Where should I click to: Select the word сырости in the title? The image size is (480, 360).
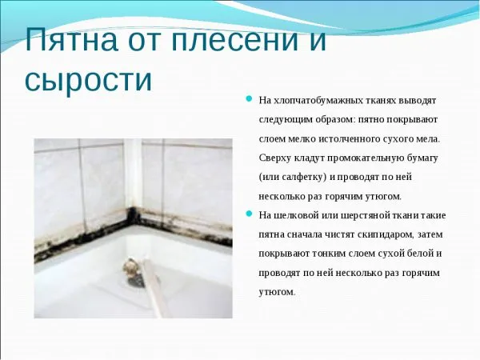point(89,80)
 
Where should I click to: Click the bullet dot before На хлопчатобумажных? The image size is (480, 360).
point(249,100)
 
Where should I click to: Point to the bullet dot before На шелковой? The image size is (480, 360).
point(249,215)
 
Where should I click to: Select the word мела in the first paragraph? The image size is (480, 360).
point(427,139)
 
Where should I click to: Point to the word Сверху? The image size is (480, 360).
point(277,158)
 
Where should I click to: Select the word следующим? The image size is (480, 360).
point(286,120)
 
